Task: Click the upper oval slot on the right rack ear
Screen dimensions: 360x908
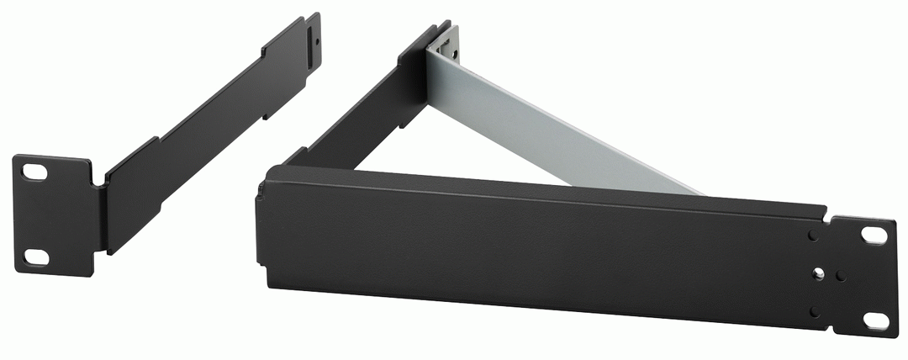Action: pos(874,236)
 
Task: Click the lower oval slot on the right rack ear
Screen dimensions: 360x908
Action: pos(874,320)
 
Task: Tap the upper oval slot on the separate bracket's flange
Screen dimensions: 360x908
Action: pos(34,172)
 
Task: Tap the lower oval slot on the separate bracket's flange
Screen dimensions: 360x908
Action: pos(34,256)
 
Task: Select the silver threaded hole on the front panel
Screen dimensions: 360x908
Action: pos(817,273)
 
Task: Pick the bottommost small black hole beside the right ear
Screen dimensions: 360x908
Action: pos(815,310)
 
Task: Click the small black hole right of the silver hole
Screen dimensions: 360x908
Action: pos(841,274)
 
